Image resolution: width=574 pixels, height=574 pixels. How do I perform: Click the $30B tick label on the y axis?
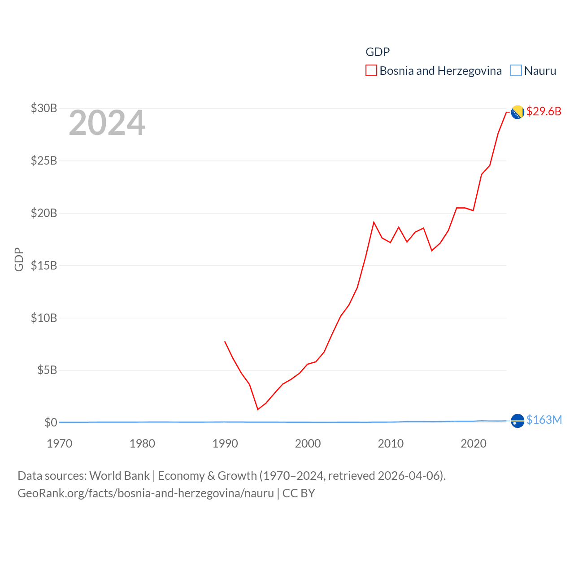coord(44,108)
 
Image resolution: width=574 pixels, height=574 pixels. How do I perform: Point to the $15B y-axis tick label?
coord(44,265)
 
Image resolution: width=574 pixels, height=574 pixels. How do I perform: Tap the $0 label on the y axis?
coord(51,422)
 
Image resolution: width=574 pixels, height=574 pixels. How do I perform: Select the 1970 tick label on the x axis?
coord(60,444)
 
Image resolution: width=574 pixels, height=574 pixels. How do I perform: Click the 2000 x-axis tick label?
coord(308,444)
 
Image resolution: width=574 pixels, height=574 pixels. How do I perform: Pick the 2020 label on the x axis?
coord(474,444)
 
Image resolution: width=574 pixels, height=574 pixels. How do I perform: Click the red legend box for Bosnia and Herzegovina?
coord(371,71)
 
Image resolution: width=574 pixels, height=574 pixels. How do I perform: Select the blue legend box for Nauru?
coord(516,71)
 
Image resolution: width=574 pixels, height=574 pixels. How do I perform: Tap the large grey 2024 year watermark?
coord(107,122)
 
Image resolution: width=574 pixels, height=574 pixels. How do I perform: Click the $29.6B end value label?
coord(544,111)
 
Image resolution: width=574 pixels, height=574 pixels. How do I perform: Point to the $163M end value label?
coord(544,420)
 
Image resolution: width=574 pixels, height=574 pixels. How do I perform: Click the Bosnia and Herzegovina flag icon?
coord(517,112)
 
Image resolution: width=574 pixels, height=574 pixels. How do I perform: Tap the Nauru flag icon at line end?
coord(517,421)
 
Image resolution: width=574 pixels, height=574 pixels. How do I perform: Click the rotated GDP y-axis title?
coord(19,259)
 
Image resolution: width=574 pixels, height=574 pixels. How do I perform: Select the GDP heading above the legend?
coord(378,52)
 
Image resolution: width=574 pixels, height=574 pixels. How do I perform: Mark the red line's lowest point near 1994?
coord(258,409)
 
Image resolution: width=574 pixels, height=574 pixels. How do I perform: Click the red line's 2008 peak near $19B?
coord(374,222)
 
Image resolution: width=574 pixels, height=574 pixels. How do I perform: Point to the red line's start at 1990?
coord(225,342)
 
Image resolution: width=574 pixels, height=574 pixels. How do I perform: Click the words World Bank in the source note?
coord(119,475)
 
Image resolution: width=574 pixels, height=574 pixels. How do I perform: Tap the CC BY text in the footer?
coord(299,493)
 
